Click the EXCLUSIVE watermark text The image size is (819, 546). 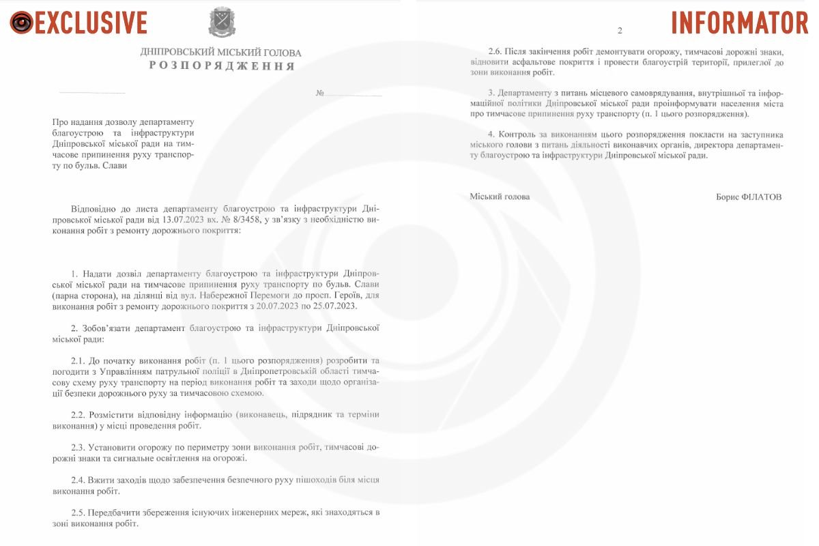coord(91,23)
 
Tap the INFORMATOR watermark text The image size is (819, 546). coord(739,23)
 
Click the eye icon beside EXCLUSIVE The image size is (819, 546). coord(21,23)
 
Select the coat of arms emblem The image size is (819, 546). coord(222,23)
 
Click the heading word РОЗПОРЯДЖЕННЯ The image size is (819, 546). coord(222,66)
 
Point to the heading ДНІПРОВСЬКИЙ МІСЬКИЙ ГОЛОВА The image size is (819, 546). coord(220,53)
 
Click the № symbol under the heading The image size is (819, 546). coord(319,93)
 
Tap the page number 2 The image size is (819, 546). coord(620,31)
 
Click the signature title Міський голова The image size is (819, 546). coord(500,197)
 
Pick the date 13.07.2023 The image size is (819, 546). coord(186,220)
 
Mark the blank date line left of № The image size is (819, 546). coord(92,93)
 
